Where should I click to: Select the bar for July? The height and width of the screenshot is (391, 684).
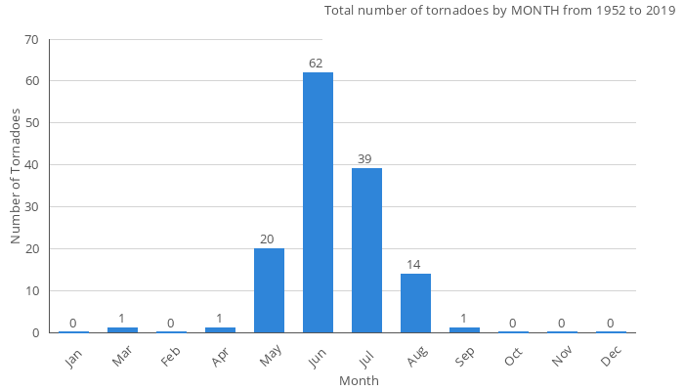[x=366, y=250]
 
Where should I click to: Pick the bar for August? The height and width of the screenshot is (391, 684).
[x=415, y=303]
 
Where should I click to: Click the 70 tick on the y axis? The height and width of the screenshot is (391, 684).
[x=31, y=40]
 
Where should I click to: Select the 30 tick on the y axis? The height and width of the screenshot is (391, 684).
[x=31, y=207]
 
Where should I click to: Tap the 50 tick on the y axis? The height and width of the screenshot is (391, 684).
[x=31, y=123]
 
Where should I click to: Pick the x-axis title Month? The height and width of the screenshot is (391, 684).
[x=359, y=380]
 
